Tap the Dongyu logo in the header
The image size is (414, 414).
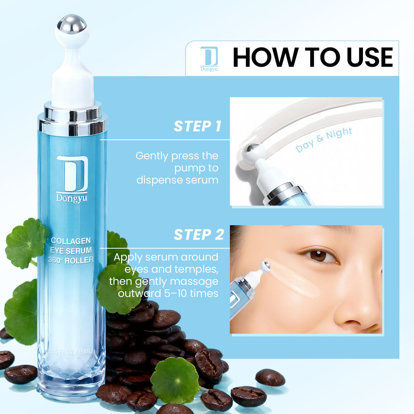click(x=209, y=58)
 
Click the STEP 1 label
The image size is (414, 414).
click(x=197, y=126)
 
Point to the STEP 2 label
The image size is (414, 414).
click(x=199, y=235)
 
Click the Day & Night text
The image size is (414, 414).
click(x=324, y=140)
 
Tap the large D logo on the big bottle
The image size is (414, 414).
click(x=72, y=174)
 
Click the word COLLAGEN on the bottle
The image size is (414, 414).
click(x=71, y=241)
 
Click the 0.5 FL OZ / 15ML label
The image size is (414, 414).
click(x=71, y=352)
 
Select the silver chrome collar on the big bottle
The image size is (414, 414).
click(x=72, y=119)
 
